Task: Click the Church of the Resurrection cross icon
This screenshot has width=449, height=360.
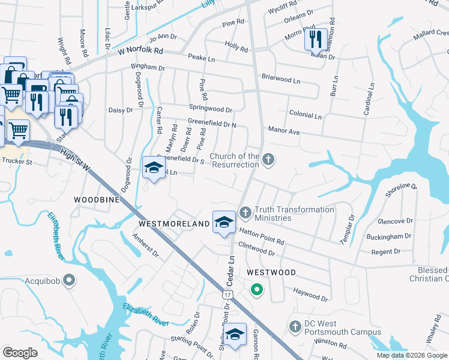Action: point(269,160)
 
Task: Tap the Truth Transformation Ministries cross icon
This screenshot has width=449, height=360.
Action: point(245,212)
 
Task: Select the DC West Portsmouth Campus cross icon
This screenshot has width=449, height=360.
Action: point(295,326)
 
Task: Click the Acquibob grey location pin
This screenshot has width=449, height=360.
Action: point(70,280)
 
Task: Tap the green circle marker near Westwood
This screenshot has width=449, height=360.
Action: point(257,291)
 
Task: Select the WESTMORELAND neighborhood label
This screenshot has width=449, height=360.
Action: point(174,223)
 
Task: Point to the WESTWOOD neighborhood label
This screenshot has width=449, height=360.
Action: point(271,272)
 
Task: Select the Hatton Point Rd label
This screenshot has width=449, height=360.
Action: point(261,236)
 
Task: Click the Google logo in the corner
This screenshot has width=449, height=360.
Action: point(20,352)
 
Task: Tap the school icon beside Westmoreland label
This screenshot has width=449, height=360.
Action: point(223,222)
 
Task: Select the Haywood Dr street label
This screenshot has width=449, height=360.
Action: point(310,294)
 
